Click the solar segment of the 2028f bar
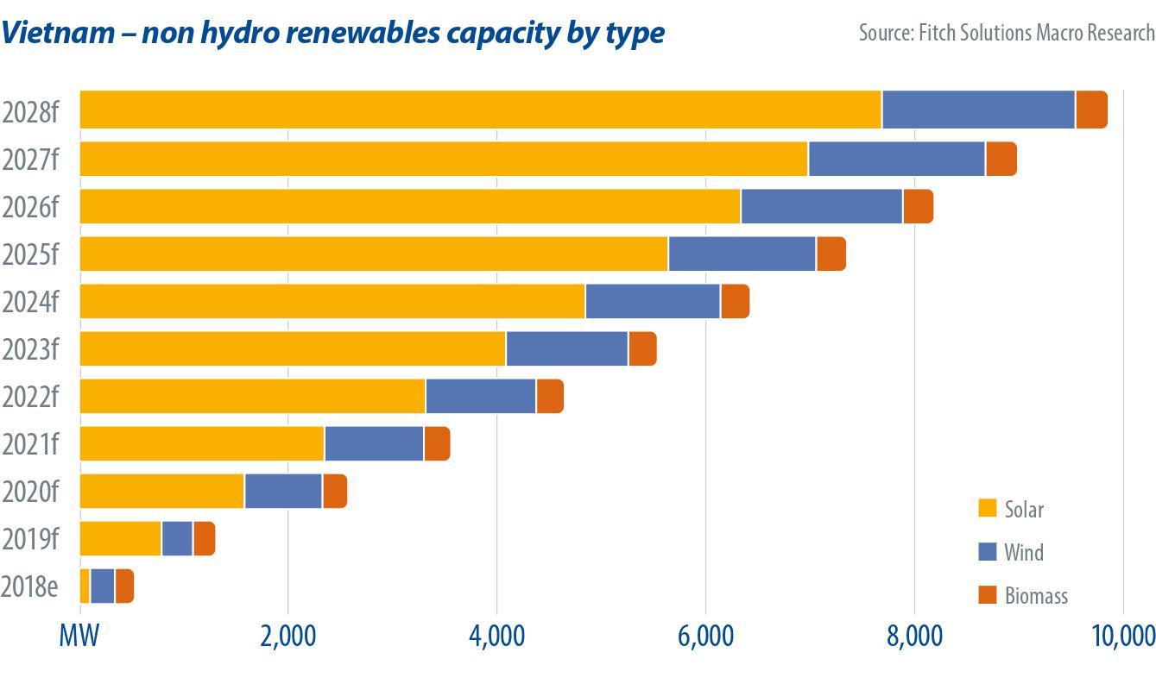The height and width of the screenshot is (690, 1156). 480,110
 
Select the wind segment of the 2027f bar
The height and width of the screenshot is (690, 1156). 896,159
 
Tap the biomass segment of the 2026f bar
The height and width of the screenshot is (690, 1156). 918,206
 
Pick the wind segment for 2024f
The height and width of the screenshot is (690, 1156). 653,301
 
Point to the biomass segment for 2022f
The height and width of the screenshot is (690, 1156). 550,396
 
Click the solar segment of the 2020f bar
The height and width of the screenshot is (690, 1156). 162,491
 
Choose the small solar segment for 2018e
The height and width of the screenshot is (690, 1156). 85,586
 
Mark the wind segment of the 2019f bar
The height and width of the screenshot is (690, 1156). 177,538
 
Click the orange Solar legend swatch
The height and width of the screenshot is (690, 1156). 988,508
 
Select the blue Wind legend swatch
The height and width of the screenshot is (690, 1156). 988,551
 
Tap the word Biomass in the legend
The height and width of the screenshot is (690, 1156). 1036,595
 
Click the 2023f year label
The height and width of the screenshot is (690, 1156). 30,349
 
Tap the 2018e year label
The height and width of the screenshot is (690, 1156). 30,586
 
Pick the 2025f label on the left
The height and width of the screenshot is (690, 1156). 30,254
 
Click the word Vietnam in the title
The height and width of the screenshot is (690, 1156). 57,33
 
